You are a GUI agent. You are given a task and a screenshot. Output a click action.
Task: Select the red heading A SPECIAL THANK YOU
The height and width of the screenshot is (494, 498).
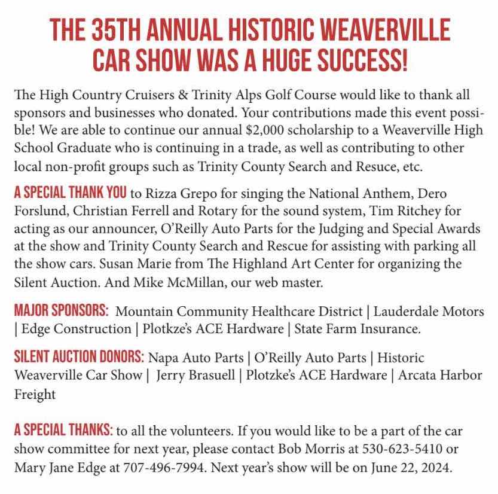pos(70,193)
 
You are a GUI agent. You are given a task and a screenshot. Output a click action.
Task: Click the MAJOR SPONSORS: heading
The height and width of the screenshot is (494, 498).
pos(62,311)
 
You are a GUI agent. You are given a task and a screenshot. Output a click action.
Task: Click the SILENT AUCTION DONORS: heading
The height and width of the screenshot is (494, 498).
pos(79,358)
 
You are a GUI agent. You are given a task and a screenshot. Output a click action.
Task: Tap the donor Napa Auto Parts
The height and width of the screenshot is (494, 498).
pos(195,358)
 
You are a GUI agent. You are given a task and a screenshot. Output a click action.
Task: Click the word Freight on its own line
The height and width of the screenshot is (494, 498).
pos(35,394)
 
